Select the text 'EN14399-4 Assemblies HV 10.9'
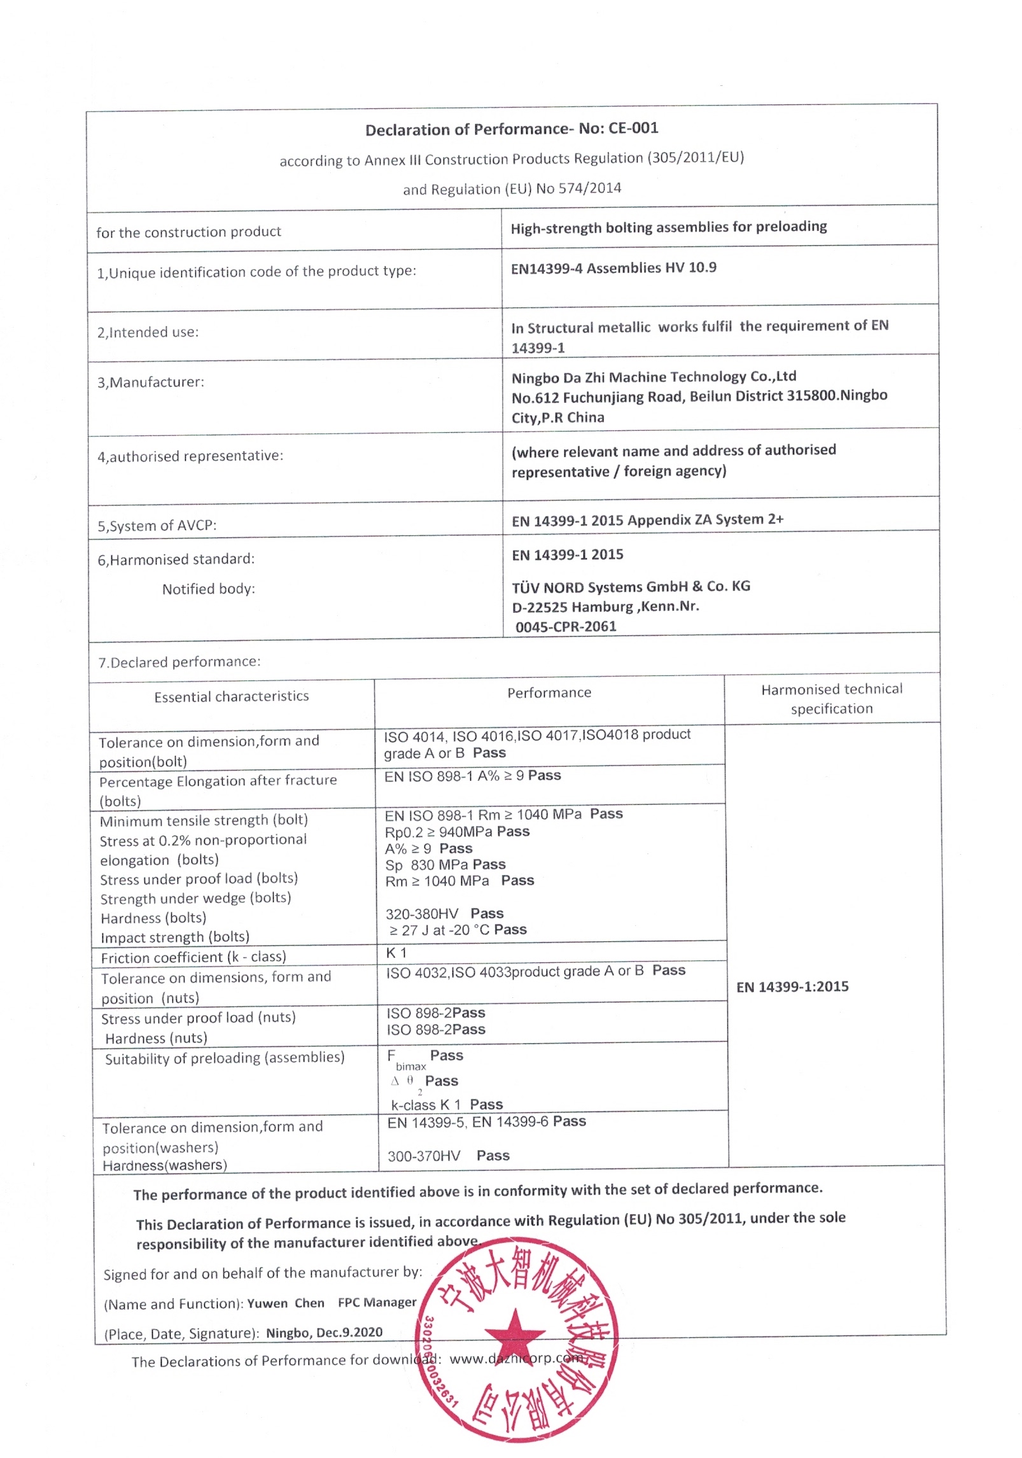(613, 268)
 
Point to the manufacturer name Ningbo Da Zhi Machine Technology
(654, 377)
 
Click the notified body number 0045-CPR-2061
(566, 626)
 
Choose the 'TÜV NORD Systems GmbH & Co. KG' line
(631, 586)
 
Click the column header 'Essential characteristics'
(232, 696)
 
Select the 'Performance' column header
(549, 692)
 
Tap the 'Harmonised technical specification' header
(832, 699)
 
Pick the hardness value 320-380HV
(422, 914)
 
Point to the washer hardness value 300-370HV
(424, 1156)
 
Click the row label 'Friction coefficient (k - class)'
(193, 957)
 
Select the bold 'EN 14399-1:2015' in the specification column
(792, 986)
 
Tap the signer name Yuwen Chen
(286, 1303)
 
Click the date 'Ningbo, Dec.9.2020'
(325, 1333)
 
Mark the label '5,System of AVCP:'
(157, 526)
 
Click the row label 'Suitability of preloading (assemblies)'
(225, 1058)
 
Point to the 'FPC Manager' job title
(377, 1303)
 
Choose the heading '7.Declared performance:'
(179, 662)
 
